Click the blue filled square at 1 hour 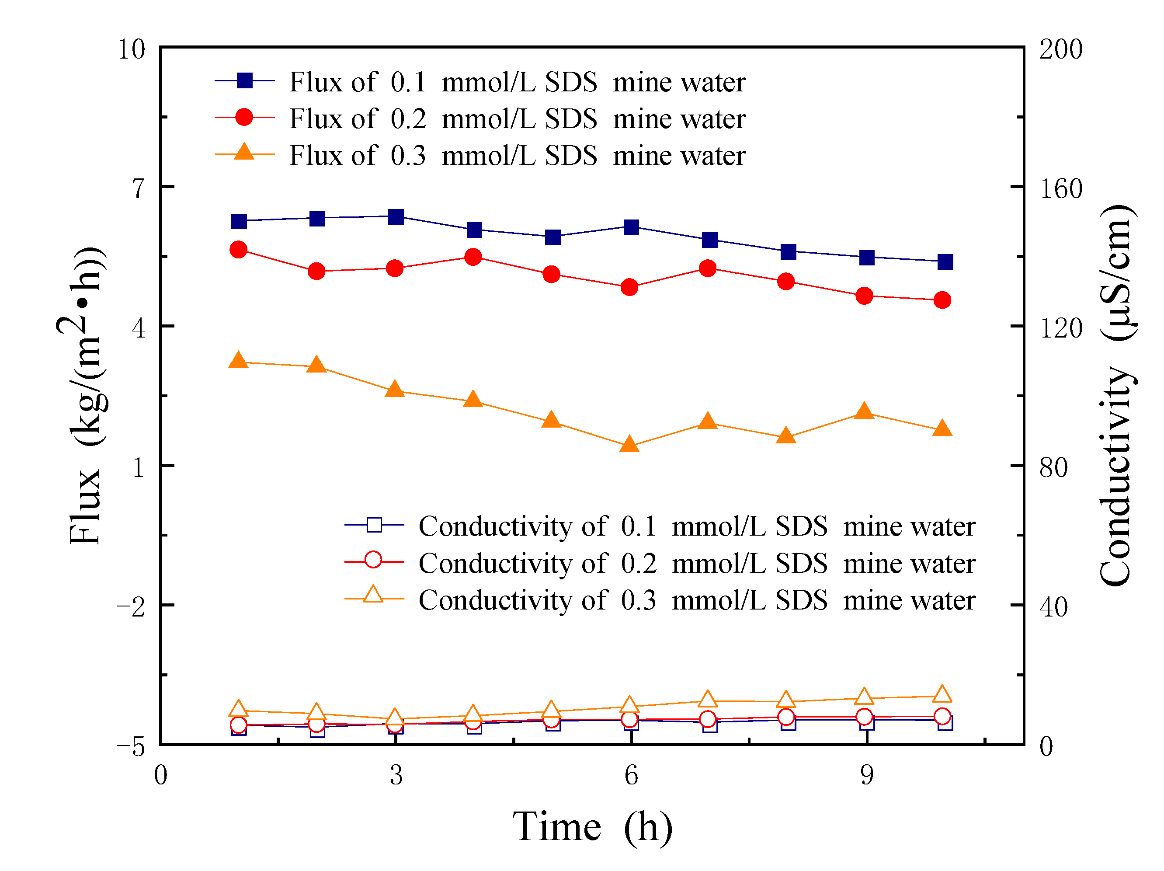click(x=239, y=221)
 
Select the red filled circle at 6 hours click(x=629, y=287)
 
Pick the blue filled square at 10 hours click(x=945, y=261)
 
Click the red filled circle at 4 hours click(x=473, y=257)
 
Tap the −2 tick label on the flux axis click(x=131, y=607)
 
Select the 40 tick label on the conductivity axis click(x=1053, y=607)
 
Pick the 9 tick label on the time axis click(x=867, y=776)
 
